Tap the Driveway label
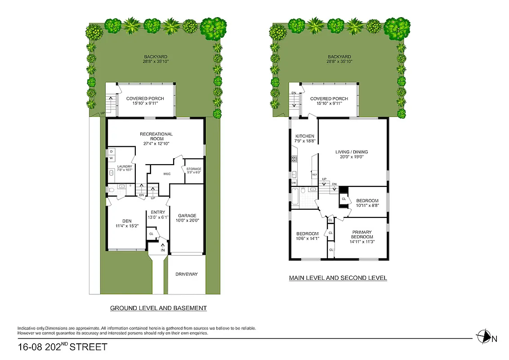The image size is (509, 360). (x=187, y=274)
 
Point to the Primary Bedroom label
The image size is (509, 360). (x=362, y=234)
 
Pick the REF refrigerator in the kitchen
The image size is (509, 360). (x=315, y=174)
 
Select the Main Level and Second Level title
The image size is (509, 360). (x=338, y=278)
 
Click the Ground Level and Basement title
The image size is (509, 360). (x=158, y=308)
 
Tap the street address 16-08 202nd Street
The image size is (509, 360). (x=63, y=347)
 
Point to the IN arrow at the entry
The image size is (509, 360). (x=163, y=247)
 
